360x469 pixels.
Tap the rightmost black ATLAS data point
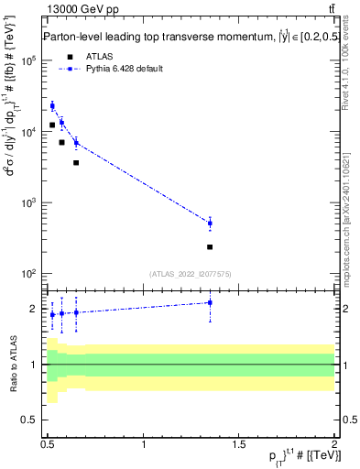click(210, 247)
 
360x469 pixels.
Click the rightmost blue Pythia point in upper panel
click(210, 223)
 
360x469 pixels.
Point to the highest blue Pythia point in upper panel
click(52, 106)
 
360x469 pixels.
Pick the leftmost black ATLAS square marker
click(52, 125)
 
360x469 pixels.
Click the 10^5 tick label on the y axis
click(28, 60)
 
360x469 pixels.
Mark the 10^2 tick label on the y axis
click(28, 274)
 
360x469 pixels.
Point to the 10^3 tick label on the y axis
click(28, 203)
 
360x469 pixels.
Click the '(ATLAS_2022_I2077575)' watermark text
click(190, 273)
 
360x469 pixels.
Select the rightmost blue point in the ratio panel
click(210, 302)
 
